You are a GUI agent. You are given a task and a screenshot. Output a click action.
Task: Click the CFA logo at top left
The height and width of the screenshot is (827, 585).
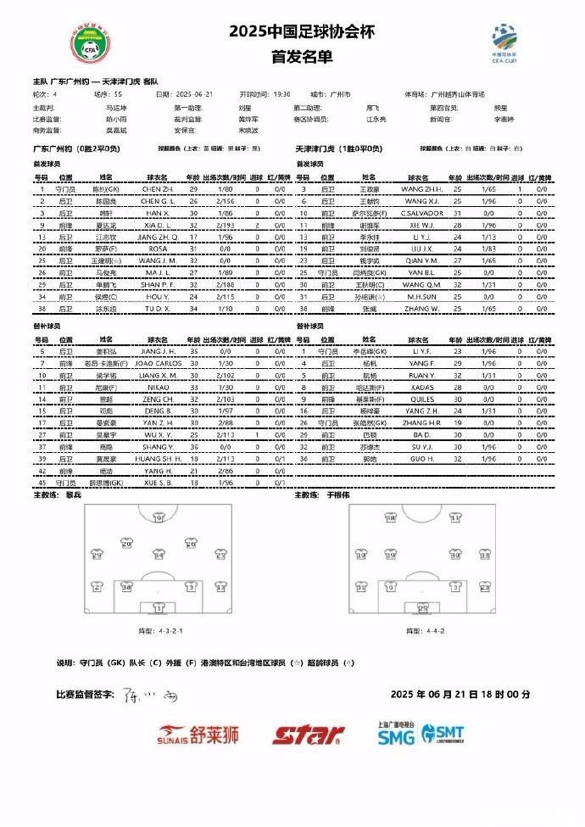coord(89,44)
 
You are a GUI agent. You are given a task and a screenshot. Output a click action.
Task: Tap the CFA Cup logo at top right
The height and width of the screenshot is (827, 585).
coord(506,41)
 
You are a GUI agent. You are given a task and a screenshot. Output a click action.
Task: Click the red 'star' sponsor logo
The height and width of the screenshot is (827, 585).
coord(308,735)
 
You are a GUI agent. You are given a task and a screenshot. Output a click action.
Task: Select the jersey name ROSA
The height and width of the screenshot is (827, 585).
coord(157,249)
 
